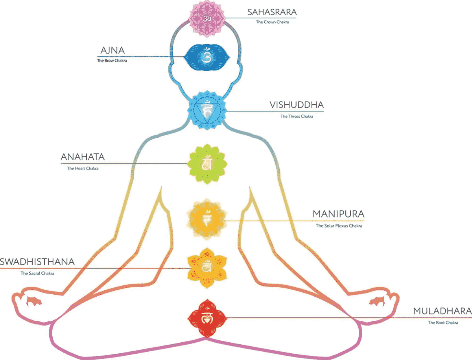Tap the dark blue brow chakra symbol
(x=206, y=57)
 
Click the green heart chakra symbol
(x=206, y=163)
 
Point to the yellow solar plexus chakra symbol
(x=206, y=219)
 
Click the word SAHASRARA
(x=272, y=12)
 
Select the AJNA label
(x=112, y=51)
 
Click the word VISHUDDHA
(x=297, y=105)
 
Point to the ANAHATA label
(x=83, y=157)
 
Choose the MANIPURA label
(x=338, y=214)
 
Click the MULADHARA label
(x=442, y=312)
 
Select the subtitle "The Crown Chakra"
(x=272, y=22)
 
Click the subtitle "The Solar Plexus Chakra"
(x=339, y=226)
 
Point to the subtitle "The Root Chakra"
(x=442, y=323)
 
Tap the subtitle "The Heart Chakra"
(x=83, y=168)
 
